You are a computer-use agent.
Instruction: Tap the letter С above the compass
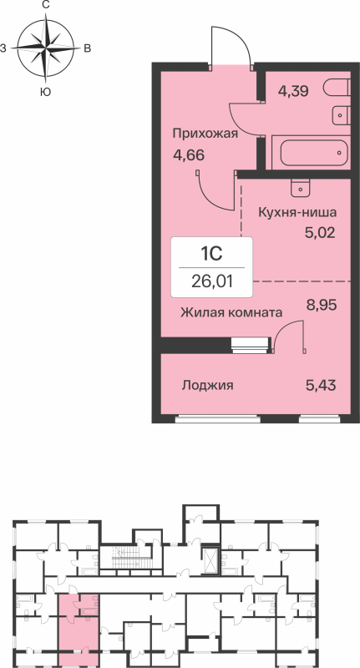[x=45, y=6]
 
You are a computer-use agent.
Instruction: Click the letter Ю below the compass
[x=45, y=92]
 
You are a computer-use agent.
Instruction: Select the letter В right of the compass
[x=87, y=49]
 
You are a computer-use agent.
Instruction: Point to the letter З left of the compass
[x=4, y=49]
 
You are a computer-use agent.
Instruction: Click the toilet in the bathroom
[x=336, y=88]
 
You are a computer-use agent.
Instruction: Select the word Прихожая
[x=205, y=134]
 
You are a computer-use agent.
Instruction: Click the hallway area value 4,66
[x=189, y=154]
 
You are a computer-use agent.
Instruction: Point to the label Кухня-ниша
[x=298, y=212]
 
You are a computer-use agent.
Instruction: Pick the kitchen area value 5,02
[x=319, y=232]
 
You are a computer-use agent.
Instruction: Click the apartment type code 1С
[x=211, y=251]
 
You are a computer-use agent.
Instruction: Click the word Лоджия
[x=207, y=386]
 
